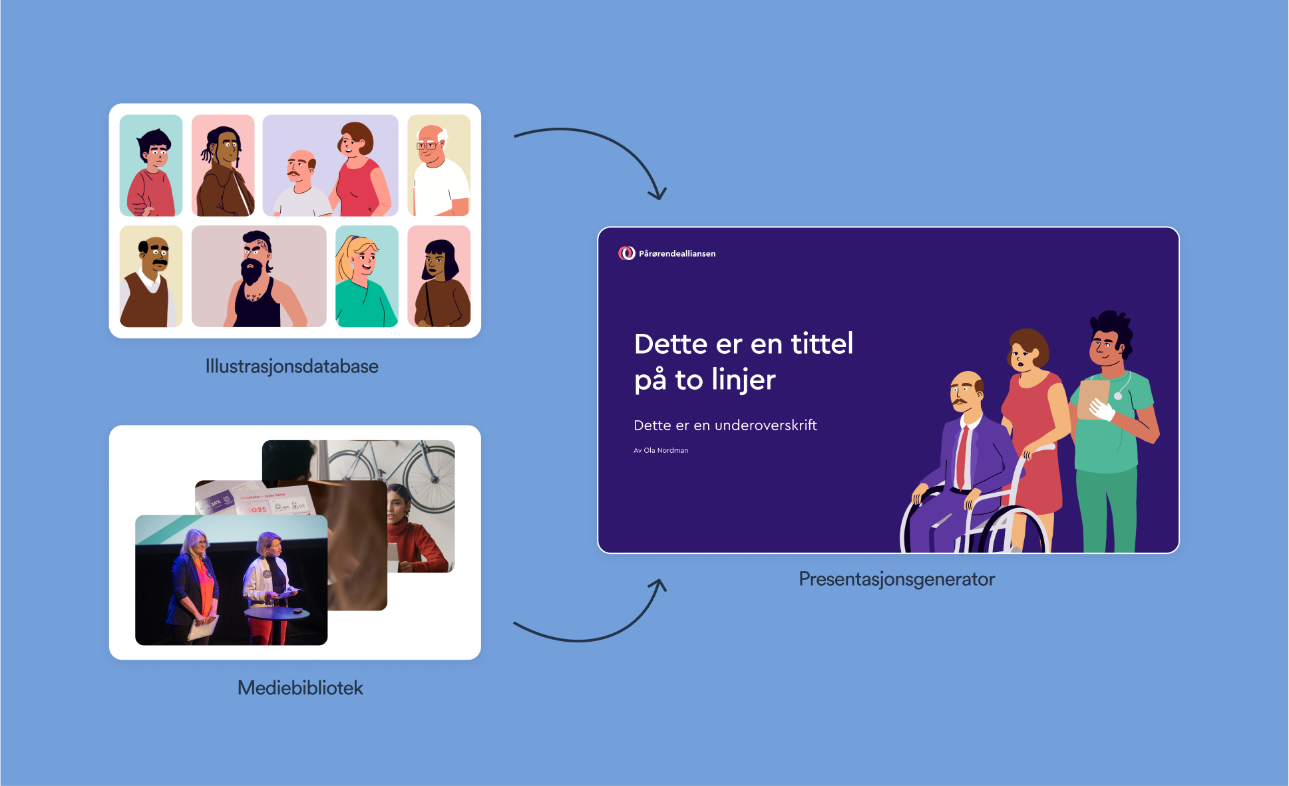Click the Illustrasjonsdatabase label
[x=291, y=366]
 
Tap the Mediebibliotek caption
[x=300, y=688]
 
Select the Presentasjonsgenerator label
[x=896, y=579]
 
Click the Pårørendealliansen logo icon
[x=626, y=253]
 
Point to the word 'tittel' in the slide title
[x=822, y=344]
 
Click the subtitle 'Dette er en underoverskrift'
[x=725, y=426]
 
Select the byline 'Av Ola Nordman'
[x=661, y=450]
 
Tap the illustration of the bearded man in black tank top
[x=259, y=277]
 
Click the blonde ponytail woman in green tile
[x=367, y=277]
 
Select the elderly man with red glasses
[x=439, y=166]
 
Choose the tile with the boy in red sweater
[x=151, y=166]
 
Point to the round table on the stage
[x=277, y=613]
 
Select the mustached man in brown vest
[x=151, y=277]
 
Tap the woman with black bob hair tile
[x=439, y=277]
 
